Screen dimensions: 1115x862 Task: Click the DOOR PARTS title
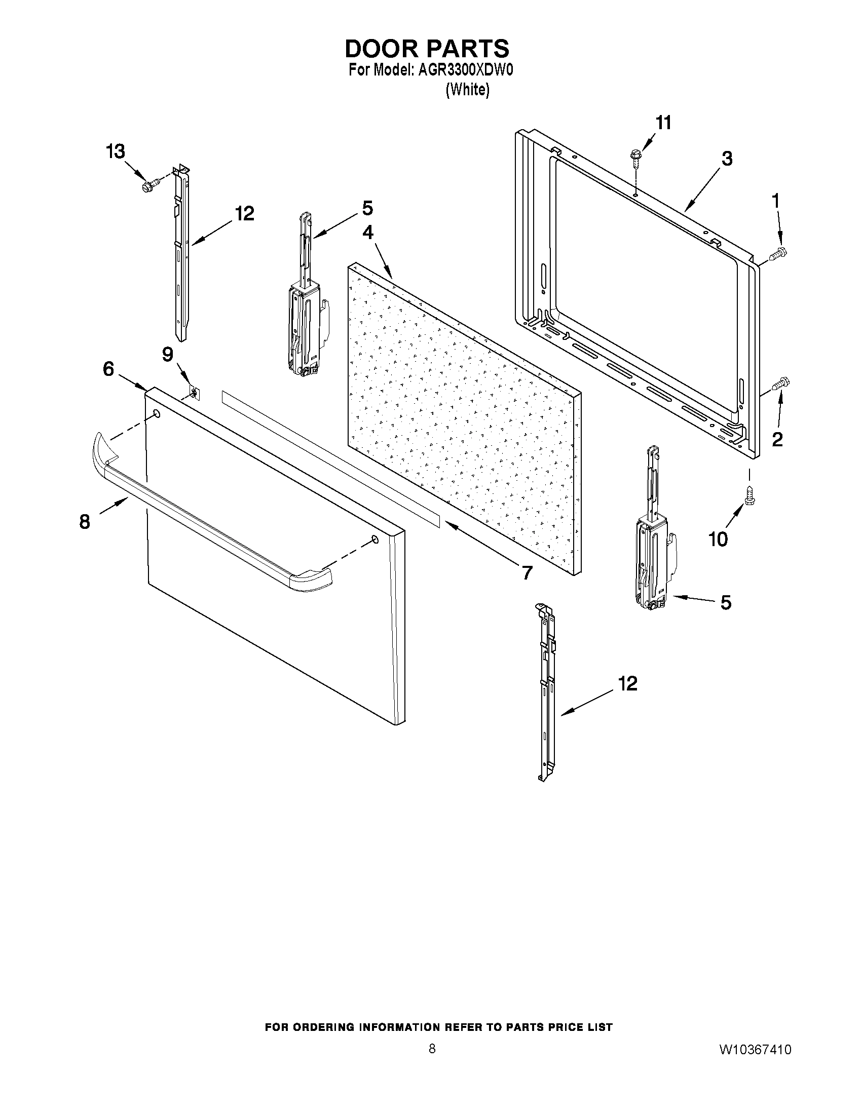point(427,49)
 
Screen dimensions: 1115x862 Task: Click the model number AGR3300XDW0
point(465,70)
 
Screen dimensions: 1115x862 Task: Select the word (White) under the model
point(467,90)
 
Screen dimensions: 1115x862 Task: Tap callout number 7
point(527,572)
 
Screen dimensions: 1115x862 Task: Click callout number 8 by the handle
point(85,522)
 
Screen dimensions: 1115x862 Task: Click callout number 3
point(727,158)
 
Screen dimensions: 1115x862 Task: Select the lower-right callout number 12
point(628,683)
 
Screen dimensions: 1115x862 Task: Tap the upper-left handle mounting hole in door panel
point(156,413)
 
